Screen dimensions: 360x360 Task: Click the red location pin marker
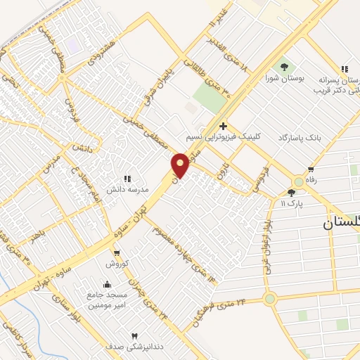[180, 165]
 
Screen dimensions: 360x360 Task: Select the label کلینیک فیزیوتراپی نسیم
[222, 137]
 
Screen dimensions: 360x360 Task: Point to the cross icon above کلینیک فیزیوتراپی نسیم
[224, 126]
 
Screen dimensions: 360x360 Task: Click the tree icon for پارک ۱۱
[292, 193]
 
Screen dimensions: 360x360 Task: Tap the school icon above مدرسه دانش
[127, 179]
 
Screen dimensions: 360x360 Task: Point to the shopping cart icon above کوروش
[117, 253]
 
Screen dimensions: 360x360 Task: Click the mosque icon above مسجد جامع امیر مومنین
[107, 284]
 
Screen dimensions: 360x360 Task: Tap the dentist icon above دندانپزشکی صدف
[135, 335]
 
